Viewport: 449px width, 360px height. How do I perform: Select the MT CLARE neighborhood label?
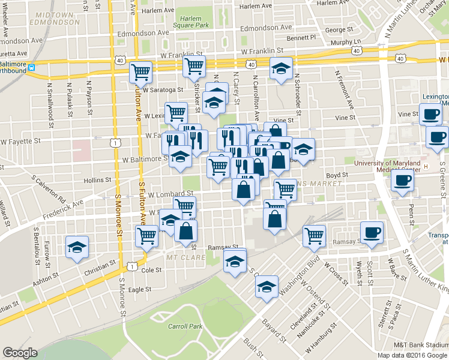point(186,257)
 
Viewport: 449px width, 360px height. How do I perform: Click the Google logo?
point(20,353)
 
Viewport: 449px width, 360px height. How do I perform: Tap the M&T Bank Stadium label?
point(421,345)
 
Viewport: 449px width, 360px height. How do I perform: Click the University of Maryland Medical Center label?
point(396,166)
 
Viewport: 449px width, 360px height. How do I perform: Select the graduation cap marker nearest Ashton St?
point(77,247)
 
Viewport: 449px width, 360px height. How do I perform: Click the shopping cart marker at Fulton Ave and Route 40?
point(140,73)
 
